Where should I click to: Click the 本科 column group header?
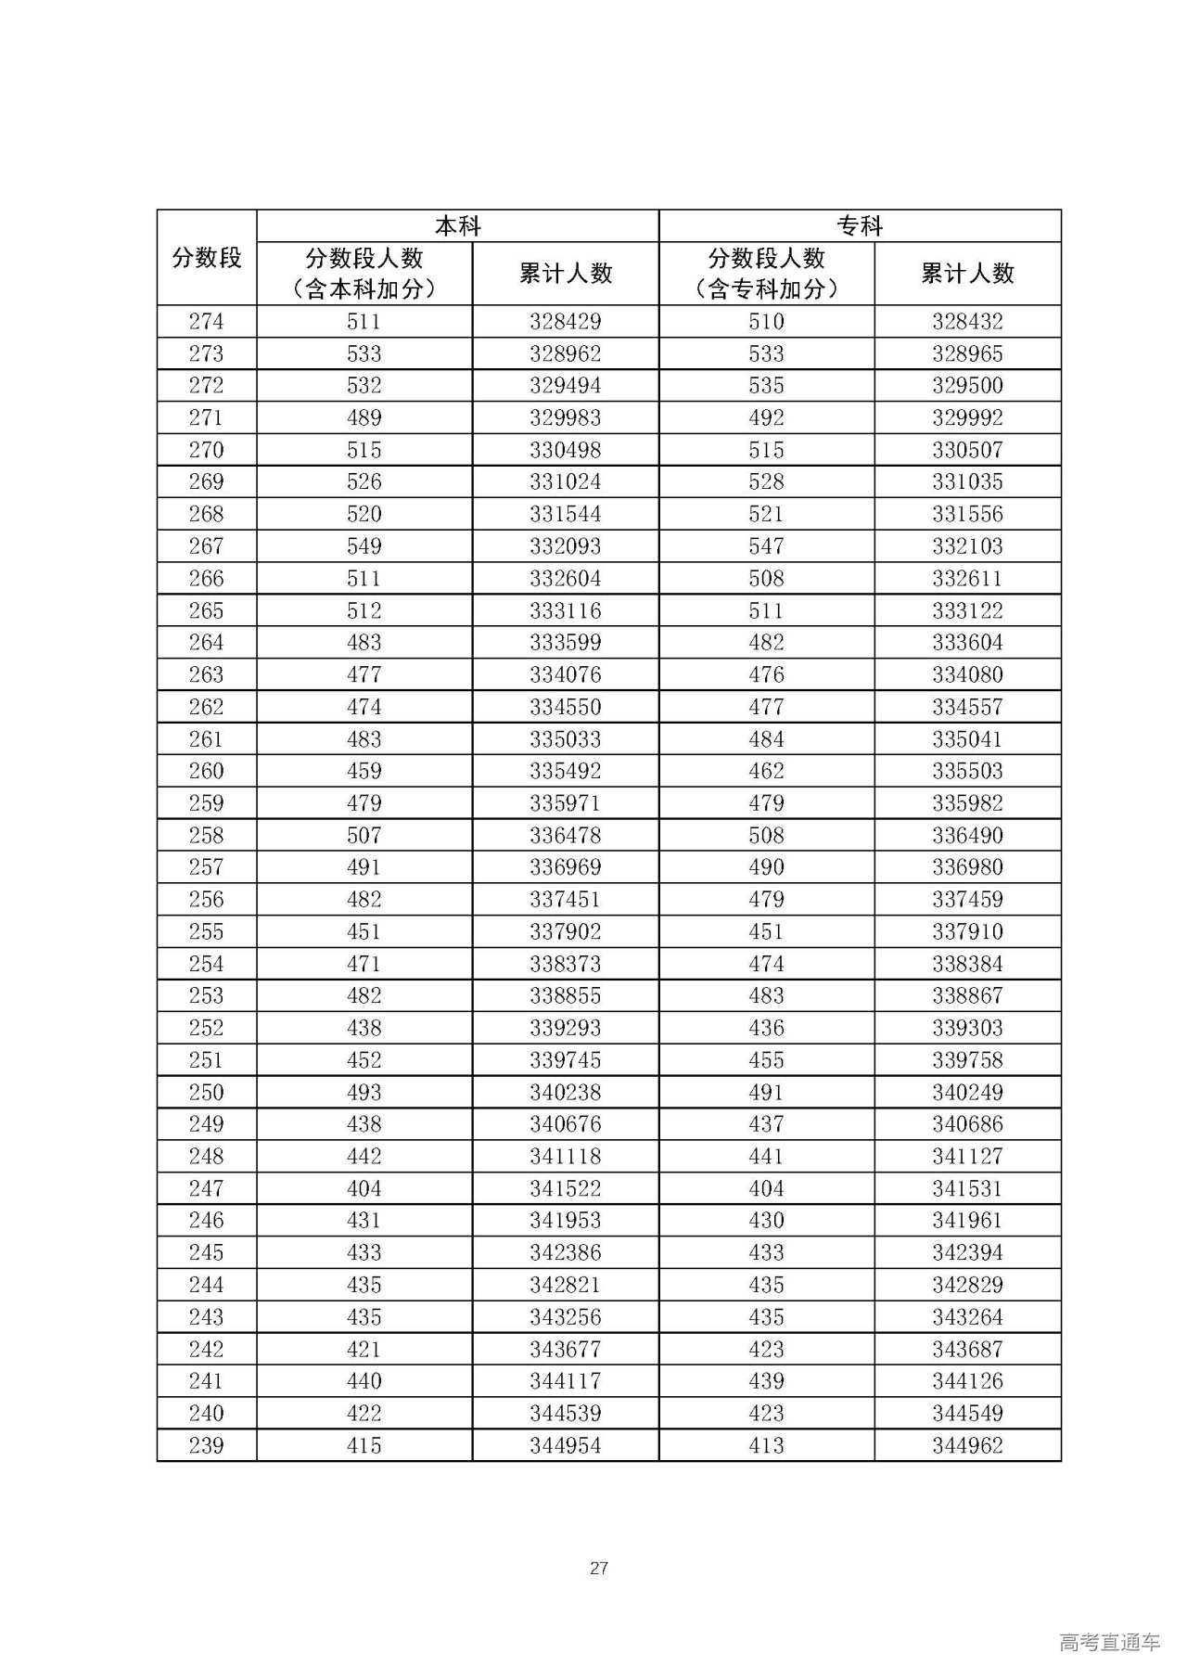click(x=457, y=226)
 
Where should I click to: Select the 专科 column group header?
click(x=860, y=226)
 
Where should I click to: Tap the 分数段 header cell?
click(x=206, y=258)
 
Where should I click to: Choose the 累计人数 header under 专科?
click(x=967, y=274)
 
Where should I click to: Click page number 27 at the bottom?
click(x=599, y=1568)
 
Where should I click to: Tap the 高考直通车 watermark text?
click(x=1109, y=1643)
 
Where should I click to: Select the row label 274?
click(x=206, y=322)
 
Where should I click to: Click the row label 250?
click(x=206, y=1093)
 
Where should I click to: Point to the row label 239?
click(x=206, y=1445)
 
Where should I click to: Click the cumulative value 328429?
click(x=565, y=322)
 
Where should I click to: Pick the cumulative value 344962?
click(x=967, y=1445)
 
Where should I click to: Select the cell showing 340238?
click(x=565, y=1093)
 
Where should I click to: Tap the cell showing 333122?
click(x=967, y=610)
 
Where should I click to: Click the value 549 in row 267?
click(x=364, y=546)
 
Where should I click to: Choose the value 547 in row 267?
click(x=766, y=546)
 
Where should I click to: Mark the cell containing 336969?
click(x=565, y=867)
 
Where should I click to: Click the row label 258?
click(x=206, y=836)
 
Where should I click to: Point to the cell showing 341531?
click(x=967, y=1188)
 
